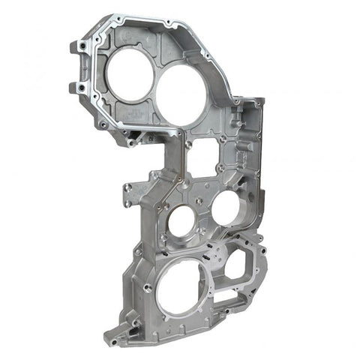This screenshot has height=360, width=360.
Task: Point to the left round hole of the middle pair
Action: click(x=181, y=222)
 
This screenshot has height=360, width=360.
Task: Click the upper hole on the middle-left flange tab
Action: click(x=128, y=187)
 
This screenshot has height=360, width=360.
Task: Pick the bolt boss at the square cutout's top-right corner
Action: click(x=223, y=139)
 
